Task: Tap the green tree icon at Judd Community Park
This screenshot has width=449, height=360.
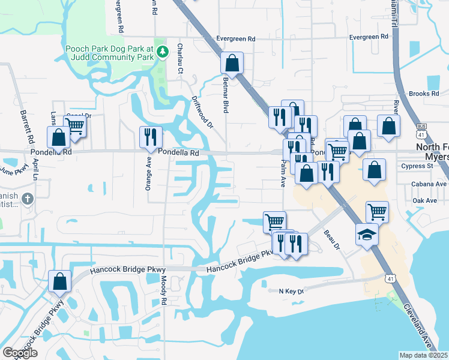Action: pyautogui.click(x=161, y=52)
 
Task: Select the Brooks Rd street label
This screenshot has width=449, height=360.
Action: pyautogui.click(x=424, y=94)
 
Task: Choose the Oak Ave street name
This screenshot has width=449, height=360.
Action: pyautogui.click(x=431, y=200)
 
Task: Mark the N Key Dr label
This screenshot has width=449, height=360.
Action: pyautogui.click(x=292, y=291)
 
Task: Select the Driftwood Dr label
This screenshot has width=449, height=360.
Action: pyautogui.click(x=202, y=112)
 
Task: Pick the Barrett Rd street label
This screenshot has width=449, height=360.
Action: pyautogui.click(x=27, y=126)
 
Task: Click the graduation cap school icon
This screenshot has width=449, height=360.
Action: pyautogui.click(x=367, y=234)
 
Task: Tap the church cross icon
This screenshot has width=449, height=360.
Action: pyautogui.click(x=27, y=198)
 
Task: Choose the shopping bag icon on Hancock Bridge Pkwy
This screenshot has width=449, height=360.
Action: pyautogui.click(x=60, y=280)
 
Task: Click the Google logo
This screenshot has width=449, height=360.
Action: pyautogui.click(x=20, y=353)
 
